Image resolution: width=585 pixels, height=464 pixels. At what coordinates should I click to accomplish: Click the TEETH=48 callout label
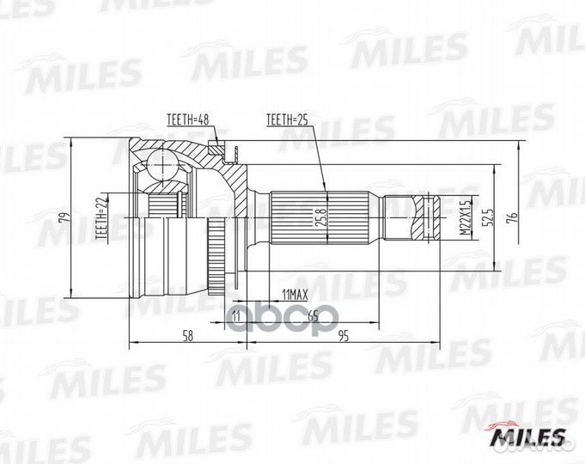(x=188, y=119)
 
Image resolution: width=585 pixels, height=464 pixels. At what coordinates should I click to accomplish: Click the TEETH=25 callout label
(x=287, y=119)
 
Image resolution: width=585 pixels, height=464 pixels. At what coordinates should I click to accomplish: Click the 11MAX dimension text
(x=296, y=294)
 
